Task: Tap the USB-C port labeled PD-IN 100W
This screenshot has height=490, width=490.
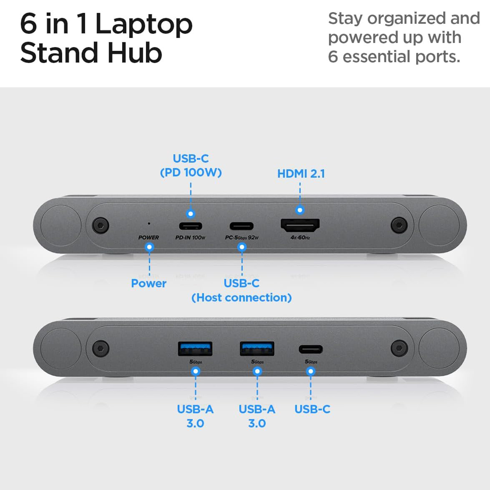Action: [191, 226]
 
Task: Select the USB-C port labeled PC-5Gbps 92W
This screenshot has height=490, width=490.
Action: [242, 226]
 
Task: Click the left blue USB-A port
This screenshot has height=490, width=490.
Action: [195, 349]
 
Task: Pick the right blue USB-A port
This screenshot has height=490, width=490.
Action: [257, 349]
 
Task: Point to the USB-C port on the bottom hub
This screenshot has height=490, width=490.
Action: [311, 349]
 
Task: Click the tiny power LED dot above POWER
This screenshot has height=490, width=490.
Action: [149, 224]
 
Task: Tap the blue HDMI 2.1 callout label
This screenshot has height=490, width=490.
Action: [301, 174]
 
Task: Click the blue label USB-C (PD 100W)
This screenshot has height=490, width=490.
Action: [191, 165]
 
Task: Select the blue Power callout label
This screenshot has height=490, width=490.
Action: [149, 283]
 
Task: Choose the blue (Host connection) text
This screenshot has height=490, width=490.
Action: [242, 297]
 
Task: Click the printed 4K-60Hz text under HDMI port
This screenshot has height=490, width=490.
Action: [300, 237]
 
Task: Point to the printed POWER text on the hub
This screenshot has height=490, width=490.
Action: [149, 237]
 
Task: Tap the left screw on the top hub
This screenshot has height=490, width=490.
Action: [100, 225]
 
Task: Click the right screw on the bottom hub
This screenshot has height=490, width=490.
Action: [399, 348]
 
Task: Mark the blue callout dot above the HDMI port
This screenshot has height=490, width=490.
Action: [300, 210]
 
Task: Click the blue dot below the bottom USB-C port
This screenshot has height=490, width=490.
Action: [311, 372]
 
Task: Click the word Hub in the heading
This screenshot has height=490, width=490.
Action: [135, 53]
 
